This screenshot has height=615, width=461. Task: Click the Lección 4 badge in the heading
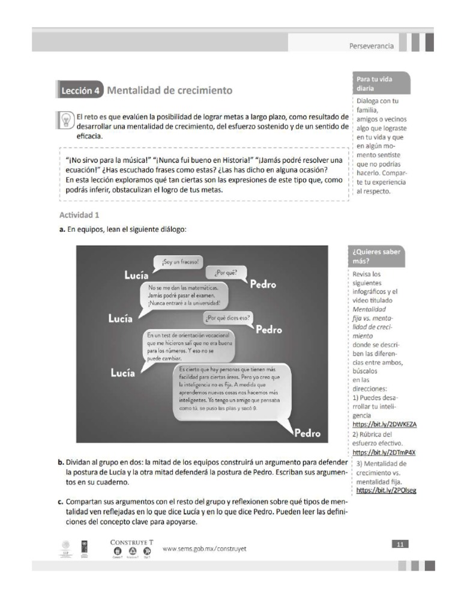click(x=80, y=91)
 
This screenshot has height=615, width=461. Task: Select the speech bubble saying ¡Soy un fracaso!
click(x=179, y=262)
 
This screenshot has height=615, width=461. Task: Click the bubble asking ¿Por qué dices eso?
click(x=229, y=318)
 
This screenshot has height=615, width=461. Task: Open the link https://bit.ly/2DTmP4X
click(x=384, y=452)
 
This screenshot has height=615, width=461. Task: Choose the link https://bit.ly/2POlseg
click(x=386, y=490)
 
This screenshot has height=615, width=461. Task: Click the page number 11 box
click(x=400, y=544)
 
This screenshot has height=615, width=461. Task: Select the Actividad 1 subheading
click(x=83, y=214)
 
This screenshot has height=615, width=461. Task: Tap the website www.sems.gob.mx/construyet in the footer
click(x=205, y=548)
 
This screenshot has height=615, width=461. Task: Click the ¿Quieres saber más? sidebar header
click(x=378, y=256)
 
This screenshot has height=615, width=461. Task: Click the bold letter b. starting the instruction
click(x=61, y=462)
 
